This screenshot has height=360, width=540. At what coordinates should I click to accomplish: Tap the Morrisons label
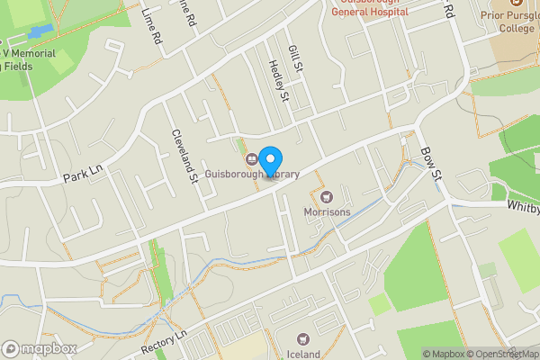327,212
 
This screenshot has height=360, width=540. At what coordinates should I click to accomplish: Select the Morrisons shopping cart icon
327,196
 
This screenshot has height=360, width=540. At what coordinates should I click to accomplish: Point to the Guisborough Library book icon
252,160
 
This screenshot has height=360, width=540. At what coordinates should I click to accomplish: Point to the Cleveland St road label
184,156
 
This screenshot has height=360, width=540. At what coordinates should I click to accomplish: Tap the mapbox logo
39,348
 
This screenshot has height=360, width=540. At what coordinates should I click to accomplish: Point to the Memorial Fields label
27,59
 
